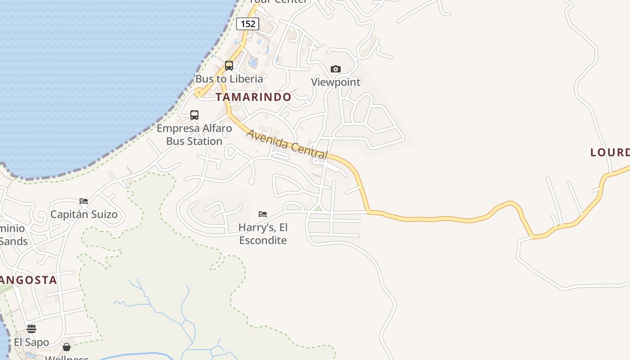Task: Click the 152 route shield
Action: tap(248, 24)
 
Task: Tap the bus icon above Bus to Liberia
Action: tap(229, 66)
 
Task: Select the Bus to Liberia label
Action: tap(229, 79)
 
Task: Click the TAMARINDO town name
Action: tap(253, 97)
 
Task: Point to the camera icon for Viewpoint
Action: tap(336, 69)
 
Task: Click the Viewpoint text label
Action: tap(336, 82)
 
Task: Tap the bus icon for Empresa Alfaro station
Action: tap(194, 115)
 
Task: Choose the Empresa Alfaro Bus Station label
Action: tap(194, 135)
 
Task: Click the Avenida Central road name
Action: tap(287, 144)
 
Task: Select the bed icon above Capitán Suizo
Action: tap(84, 201)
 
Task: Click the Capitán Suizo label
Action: tap(84, 214)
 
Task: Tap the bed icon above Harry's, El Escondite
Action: tap(263, 214)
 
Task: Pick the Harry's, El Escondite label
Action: tap(263, 234)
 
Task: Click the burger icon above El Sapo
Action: tap(31, 328)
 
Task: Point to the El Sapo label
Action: tap(31, 342)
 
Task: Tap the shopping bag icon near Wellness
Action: tap(67, 347)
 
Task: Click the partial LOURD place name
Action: tap(610, 153)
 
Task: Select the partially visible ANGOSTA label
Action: tap(28, 280)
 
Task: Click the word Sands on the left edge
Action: tap(13, 241)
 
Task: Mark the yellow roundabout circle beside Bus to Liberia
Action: tap(198, 93)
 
